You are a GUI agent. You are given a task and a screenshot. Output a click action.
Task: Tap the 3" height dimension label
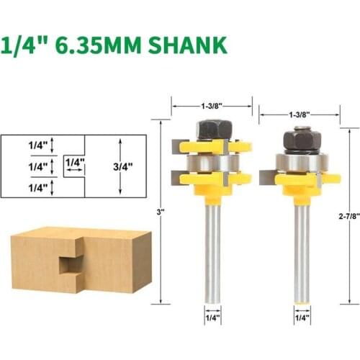161,212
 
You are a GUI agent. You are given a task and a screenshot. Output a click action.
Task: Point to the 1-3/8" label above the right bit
299,114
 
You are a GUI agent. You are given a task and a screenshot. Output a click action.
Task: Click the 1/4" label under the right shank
301,317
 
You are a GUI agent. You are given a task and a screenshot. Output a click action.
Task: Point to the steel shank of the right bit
301,252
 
